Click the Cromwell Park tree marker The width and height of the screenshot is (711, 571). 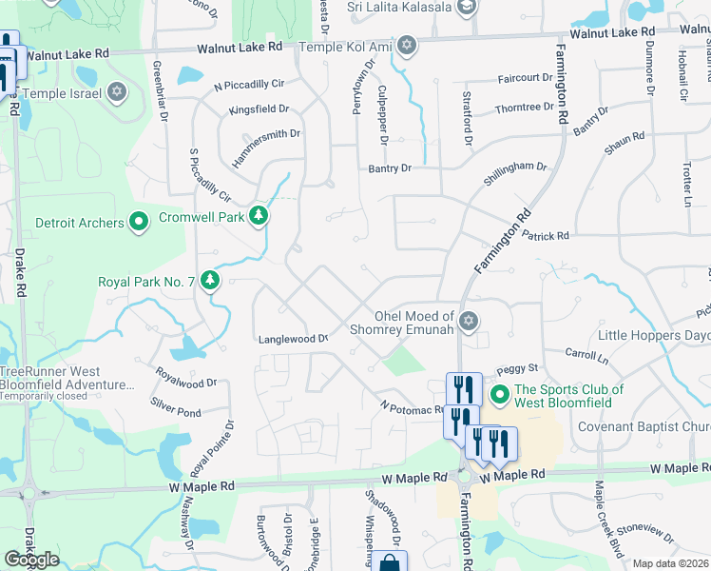point(259,217)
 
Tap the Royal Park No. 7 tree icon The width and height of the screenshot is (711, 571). point(210,281)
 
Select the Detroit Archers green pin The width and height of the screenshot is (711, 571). point(139,223)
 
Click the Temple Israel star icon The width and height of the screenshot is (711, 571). point(117,92)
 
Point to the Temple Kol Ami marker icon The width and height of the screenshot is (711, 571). point(407,45)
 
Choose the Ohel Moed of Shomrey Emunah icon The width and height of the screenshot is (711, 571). point(467,321)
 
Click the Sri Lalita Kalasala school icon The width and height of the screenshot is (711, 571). point(467,8)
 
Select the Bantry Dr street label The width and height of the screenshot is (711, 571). point(390,168)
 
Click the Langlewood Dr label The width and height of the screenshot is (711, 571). point(293,339)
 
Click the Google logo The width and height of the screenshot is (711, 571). point(32,560)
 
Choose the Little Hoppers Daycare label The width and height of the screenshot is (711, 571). point(654,336)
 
